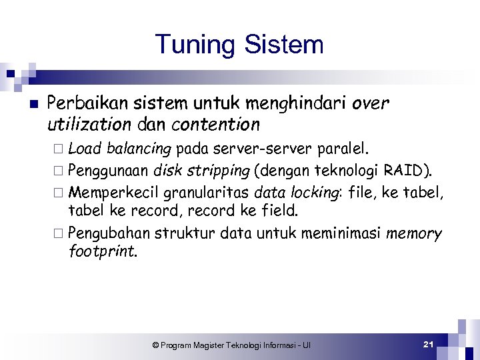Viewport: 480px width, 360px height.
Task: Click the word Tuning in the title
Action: pos(196,45)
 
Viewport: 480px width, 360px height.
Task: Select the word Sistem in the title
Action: pos(284,45)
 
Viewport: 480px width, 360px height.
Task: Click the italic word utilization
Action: pos(89,124)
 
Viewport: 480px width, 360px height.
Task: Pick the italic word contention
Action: pos(215,124)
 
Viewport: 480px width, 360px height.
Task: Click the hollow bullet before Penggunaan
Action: pos(61,170)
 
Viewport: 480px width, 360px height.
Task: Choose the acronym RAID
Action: pos(407,169)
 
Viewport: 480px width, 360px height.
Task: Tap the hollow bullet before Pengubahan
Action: pos(61,234)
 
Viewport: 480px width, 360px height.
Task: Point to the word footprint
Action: pos(102,251)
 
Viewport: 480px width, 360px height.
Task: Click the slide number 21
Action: pos(429,344)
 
